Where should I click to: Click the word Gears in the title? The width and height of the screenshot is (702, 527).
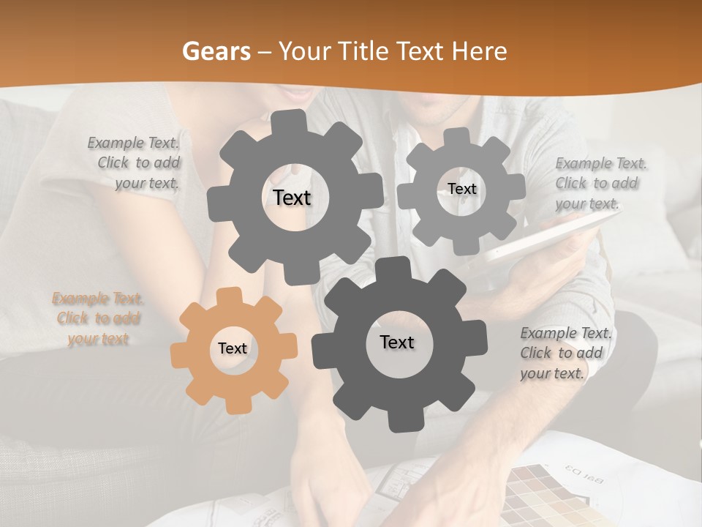(216, 52)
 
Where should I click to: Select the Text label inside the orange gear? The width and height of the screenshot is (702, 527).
(233, 349)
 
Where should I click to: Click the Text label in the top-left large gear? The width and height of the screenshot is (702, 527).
(292, 198)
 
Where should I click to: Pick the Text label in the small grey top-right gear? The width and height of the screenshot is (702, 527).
(461, 189)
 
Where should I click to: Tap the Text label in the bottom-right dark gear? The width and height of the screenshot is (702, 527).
(397, 343)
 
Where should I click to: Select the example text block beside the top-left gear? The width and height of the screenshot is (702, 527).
(135, 163)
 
